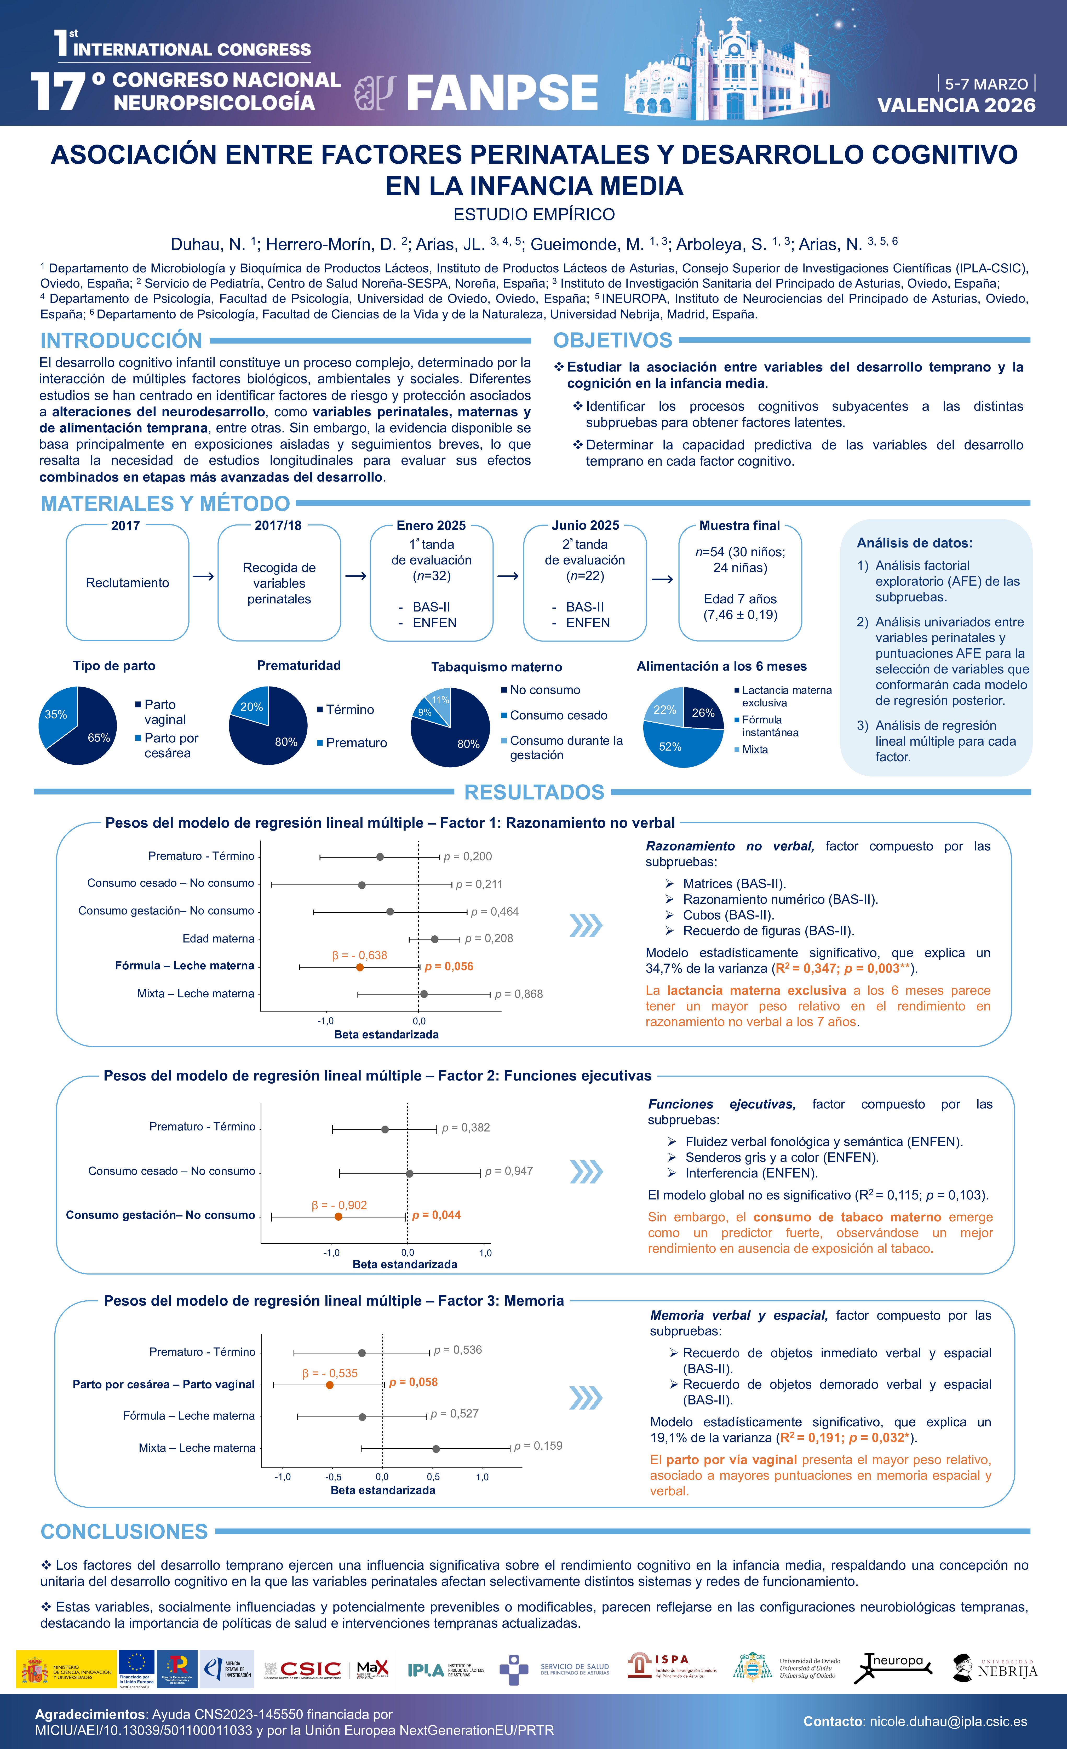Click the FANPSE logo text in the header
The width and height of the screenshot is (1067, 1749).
(502, 93)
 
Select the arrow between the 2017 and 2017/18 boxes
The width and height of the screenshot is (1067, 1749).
(203, 576)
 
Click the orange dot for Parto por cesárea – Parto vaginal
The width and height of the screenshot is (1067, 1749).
(329, 1385)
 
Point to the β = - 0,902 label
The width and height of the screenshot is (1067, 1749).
(339, 1205)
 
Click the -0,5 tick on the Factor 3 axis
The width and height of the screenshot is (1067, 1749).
(333, 1477)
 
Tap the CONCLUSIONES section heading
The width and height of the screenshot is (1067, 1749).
(124, 1532)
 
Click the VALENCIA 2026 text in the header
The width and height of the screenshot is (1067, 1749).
(956, 106)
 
